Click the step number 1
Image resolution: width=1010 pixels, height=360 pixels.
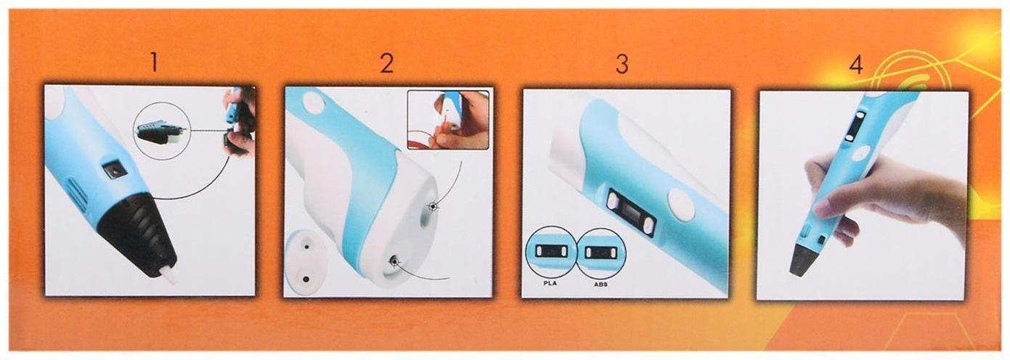coord(154,62)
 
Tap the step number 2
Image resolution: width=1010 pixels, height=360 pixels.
coord(386,63)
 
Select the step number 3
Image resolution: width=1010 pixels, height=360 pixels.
coord(622,64)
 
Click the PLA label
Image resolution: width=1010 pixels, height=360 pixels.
coord(550,283)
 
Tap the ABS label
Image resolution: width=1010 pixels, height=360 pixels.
coord(600,285)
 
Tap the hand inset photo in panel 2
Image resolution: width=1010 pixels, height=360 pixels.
coord(448,120)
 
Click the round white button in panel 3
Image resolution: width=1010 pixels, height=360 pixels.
coord(683,205)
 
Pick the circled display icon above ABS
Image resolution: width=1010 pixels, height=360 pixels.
coord(600,251)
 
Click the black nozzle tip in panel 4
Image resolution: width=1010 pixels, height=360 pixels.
coord(805,260)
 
